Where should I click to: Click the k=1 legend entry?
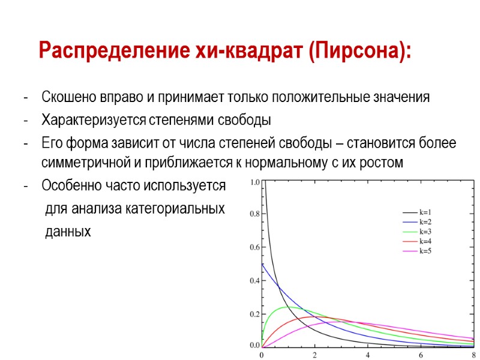(425, 212)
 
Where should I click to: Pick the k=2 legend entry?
(425, 221)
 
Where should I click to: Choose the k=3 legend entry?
(425, 231)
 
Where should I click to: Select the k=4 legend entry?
(425, 241)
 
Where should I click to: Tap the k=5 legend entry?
(425, 250)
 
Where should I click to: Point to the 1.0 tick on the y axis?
(254, 182)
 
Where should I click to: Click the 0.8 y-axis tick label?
(254, 214)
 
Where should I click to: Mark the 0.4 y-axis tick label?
(254, 281)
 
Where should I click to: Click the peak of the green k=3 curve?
(288, 307)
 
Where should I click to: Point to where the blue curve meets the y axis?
(262, 263)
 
